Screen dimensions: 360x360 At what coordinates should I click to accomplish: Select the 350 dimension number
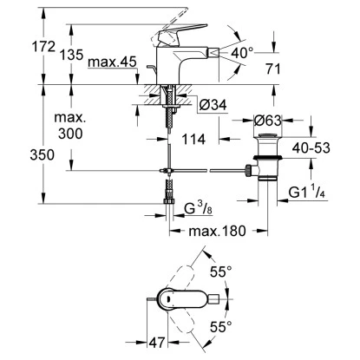coord(19,156)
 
